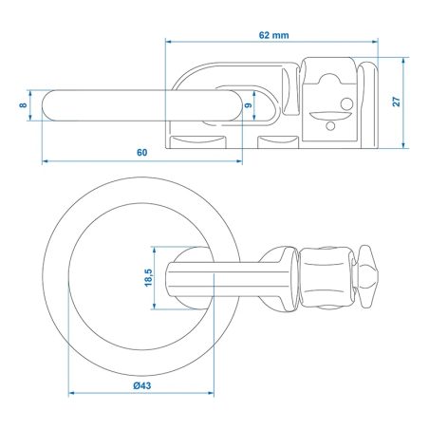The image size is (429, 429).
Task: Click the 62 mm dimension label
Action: click(x=273, y=35)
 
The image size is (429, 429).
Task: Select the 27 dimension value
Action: click(x=396, y=102)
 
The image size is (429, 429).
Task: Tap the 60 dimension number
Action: click(x=142, y=153)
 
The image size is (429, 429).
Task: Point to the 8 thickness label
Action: click(x=23, y=104)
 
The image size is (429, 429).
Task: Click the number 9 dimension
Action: click(x=249, y=104)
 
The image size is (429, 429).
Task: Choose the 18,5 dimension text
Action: click(x=148, y=278)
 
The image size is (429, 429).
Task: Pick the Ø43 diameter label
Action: click(x=142, y=385)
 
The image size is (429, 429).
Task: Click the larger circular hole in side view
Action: click(x=346, y=103)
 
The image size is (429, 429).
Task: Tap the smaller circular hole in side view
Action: click(x=330, y=126)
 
